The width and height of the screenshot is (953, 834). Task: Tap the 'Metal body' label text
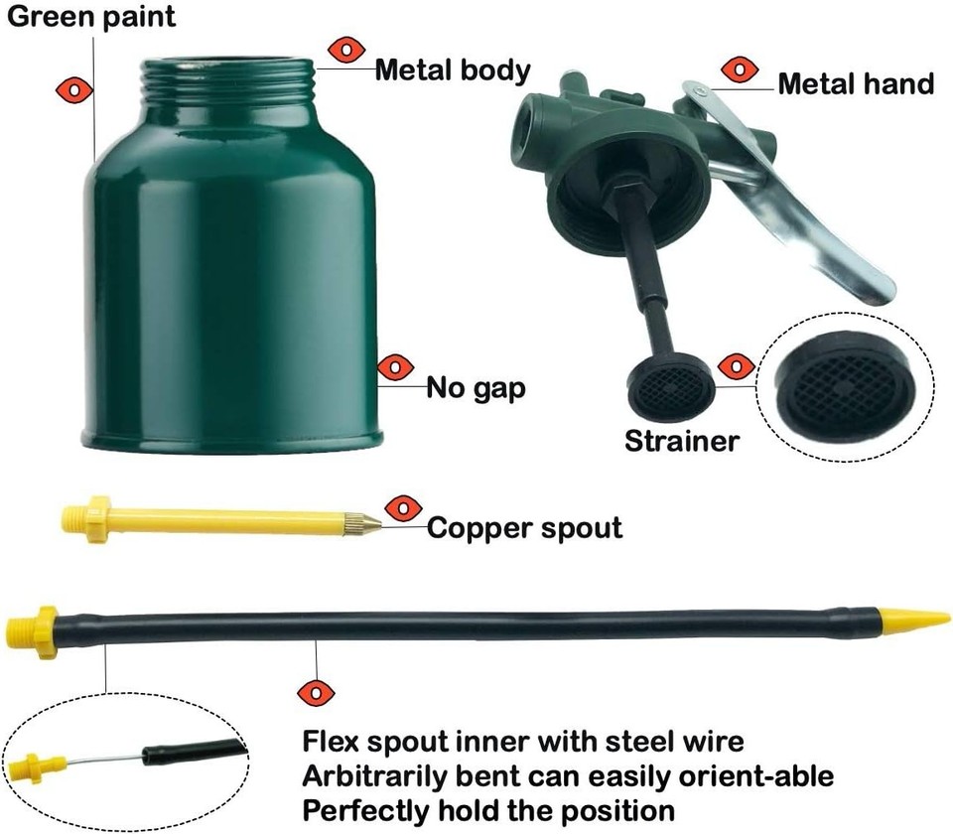[x=453, y=70]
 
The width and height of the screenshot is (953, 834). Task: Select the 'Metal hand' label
[x=856, y=83]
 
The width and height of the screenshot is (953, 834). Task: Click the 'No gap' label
[x=476, y=386]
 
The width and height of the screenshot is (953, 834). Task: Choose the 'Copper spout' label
[x=524, y=527]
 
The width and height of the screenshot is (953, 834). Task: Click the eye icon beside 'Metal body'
[x=346, y=49]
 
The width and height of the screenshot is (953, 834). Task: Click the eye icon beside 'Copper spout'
[x=402, y=508]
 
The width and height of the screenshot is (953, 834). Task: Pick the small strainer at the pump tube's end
[x=672, y=380]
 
